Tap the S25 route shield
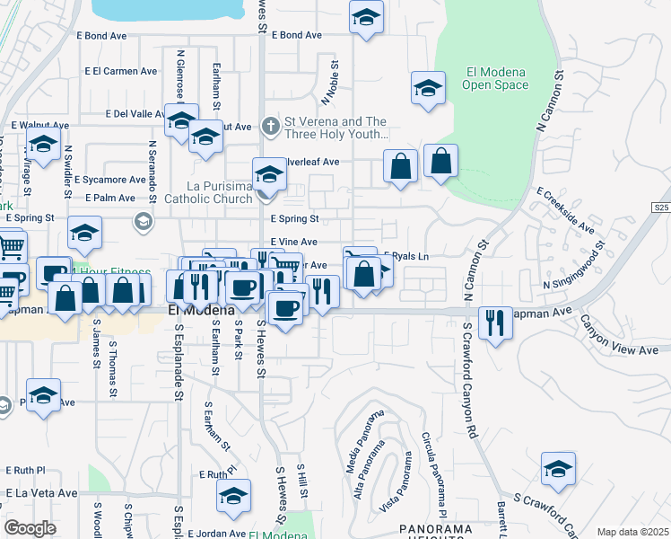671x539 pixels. click(x=661, y=208)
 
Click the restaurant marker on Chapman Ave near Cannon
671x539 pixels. click(x=495, y=323)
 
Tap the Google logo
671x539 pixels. click(x=30, y=528)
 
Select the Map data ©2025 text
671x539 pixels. click(x=632, y=532)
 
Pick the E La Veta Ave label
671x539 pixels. click(x=42, y=493)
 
